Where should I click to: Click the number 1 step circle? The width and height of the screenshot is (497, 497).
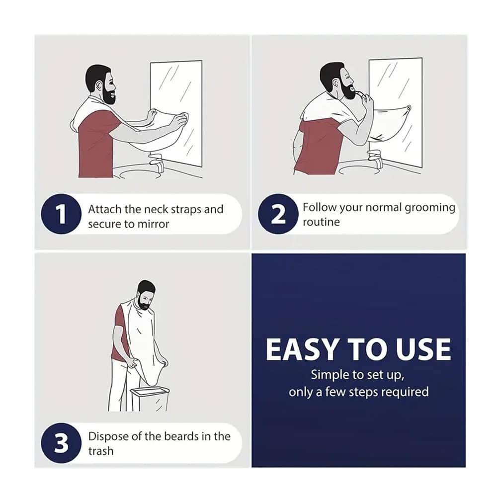tap(61, 214)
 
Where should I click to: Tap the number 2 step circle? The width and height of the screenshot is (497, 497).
tap(278, 214)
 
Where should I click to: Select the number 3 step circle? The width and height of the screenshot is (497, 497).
tap(61, 443)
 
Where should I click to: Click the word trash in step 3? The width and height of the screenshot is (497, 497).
tap(101, 451)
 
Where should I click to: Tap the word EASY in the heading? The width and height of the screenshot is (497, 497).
tap(301, 349)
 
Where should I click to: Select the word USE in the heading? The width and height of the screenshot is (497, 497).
tap(423, 349)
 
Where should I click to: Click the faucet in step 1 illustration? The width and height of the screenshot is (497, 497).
tap(157, 162)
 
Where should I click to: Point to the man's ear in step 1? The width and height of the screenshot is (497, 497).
tap(99, 85)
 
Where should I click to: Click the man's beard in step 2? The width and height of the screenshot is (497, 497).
tap(346, 89)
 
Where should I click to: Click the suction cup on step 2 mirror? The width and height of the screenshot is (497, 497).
tap(409, 108)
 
